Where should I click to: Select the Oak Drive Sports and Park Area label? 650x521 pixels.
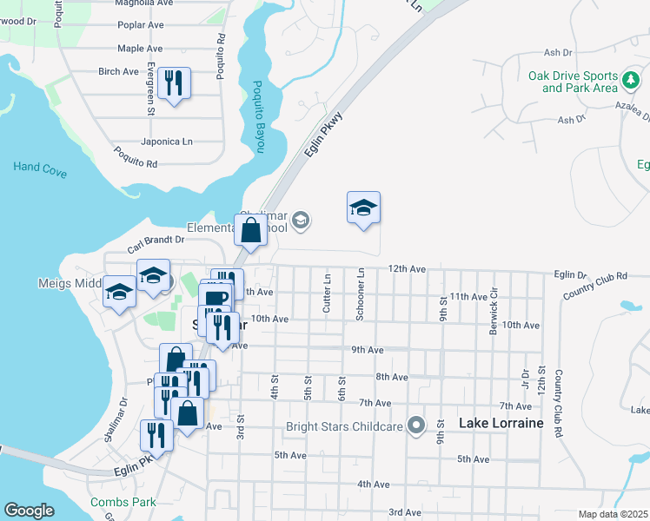[x=573, y=82]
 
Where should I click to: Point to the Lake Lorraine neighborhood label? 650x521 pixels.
[x=501, y=423]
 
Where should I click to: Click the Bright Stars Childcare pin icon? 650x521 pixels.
[x=417, y=425]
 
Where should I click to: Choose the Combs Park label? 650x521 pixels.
[x=123, y=502]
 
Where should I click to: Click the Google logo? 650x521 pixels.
[x=29, y=511]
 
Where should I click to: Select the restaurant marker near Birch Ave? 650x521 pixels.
[x=175, y=83]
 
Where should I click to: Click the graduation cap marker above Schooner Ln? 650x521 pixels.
[x=363, y=208]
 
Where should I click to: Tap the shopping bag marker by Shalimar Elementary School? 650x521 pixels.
[x=250, y=231]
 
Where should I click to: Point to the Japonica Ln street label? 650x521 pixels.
[x=168, y=142]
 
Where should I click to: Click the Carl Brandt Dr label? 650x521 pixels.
[x=156, y=239]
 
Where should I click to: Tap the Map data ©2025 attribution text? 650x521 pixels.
[x=613, y=514]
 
